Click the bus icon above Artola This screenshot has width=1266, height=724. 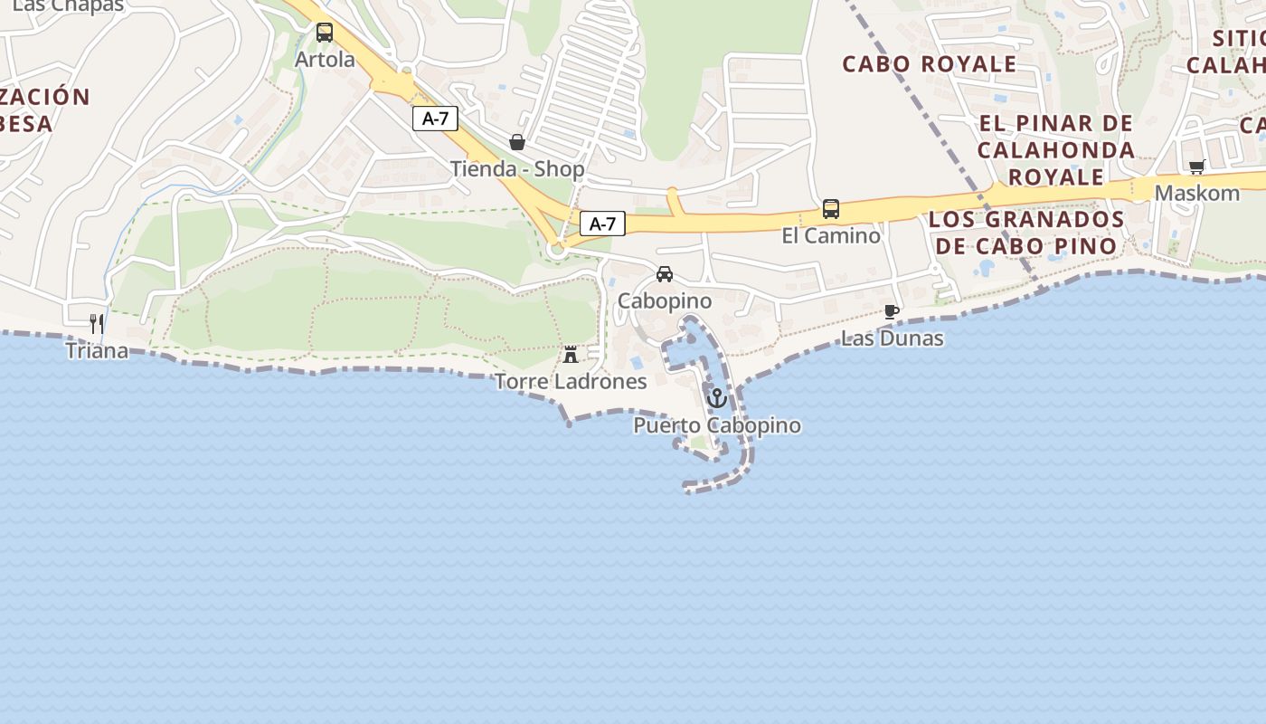[x=325, y=33]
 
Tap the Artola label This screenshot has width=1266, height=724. [x=325, y=60]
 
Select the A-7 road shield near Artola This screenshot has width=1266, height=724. [x=435, y=119]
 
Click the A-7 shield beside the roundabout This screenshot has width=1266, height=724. [x=602, y=224]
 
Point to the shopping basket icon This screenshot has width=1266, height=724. [x=517, y=142]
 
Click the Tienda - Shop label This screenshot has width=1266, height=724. [x=517, y=169]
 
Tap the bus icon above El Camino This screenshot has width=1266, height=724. [x=831, y=209]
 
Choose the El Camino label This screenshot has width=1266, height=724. [x=831, y=236]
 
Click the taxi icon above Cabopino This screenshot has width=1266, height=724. [x=665, y=274]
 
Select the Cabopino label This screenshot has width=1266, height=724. [x=665, y=300]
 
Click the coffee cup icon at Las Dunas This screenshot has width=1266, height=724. [x=892, y=312]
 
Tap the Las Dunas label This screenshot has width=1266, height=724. [x=892, y=338]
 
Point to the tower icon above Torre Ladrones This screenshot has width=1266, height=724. [x=571, y=354]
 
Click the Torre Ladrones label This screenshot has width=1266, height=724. [x=571, y=382]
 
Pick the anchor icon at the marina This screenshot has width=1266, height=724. [x=717, y=398]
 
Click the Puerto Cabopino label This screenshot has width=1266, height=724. [x=717, y=425]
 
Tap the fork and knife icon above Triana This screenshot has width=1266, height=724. [x=97, y=324]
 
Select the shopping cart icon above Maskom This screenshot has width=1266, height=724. [x=1197, y=167]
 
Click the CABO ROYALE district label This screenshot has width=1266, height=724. [x=930, y=64]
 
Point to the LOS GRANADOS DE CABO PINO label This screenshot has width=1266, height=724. [x=1026, y=233]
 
